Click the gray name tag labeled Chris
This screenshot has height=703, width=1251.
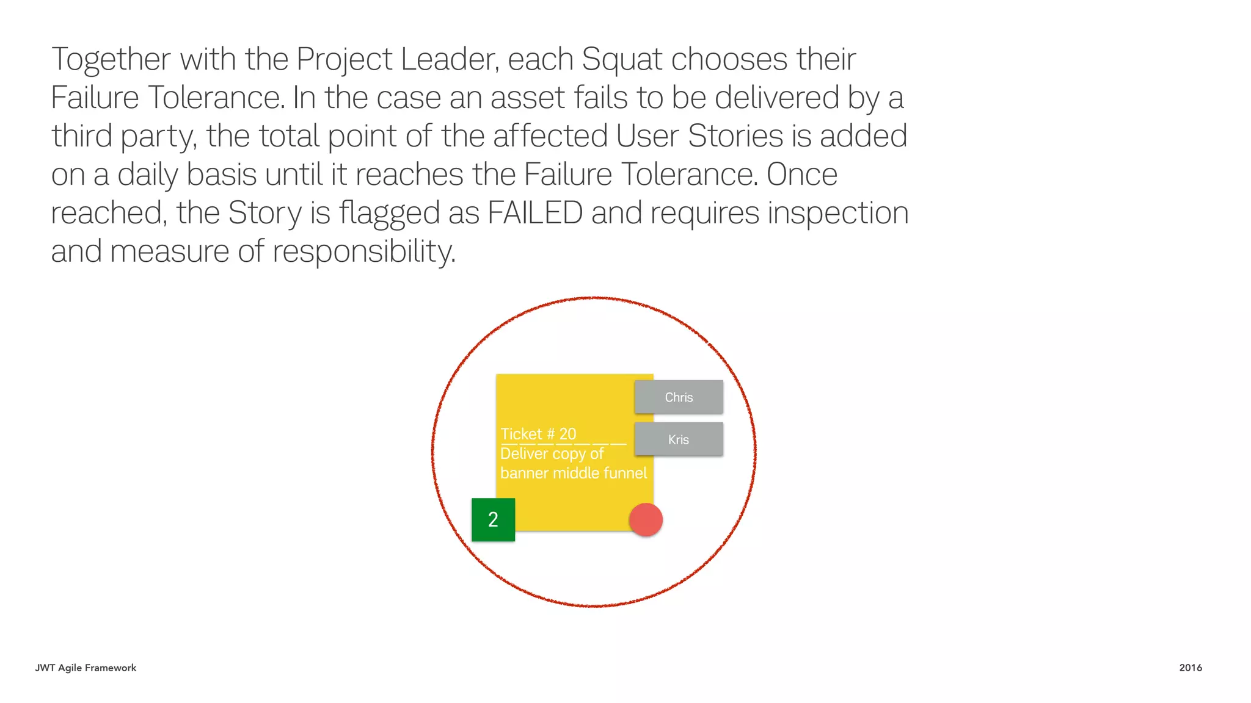(679, 397)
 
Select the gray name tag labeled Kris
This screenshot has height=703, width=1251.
(679, 439)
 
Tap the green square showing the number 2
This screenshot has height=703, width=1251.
(493, 520)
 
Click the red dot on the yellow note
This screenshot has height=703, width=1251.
(646, 520)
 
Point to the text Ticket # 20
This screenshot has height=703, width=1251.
(538, 434)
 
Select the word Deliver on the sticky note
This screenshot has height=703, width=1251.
(524, 453)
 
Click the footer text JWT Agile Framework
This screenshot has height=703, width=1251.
(86, 668)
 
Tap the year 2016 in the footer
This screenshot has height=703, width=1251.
(1191, 668)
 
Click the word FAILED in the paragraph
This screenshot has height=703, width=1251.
(534, 213)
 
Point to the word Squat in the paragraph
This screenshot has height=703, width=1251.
(621, 60)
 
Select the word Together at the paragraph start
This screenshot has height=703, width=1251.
(111, 60)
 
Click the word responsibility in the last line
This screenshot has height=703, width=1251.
(363, 251)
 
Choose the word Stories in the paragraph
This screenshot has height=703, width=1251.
(735, 136)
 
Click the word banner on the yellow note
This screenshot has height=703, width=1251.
(524, 473)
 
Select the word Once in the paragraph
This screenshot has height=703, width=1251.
(801, 175)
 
